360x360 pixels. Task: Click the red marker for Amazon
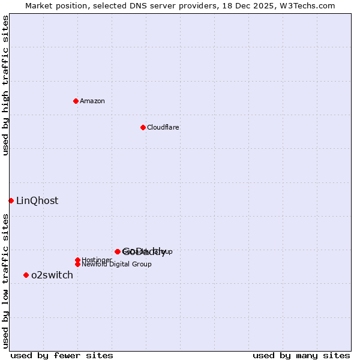76,101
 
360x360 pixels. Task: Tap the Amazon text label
92,101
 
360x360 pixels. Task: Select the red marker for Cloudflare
143,127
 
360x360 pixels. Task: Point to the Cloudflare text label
163,127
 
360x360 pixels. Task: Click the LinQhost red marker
11,200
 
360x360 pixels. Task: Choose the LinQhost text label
37,201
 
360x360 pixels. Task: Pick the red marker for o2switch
26,275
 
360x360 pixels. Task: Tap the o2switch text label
52,275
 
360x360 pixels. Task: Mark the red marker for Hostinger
77,260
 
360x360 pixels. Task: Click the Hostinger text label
96,260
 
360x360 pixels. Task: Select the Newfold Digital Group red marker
77,264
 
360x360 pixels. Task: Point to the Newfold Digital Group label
116,265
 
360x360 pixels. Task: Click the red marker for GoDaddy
118,251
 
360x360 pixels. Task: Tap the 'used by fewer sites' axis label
62,355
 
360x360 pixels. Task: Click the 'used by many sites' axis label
301,355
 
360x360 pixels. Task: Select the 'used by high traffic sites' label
5,85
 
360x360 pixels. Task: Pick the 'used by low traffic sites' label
5,281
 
